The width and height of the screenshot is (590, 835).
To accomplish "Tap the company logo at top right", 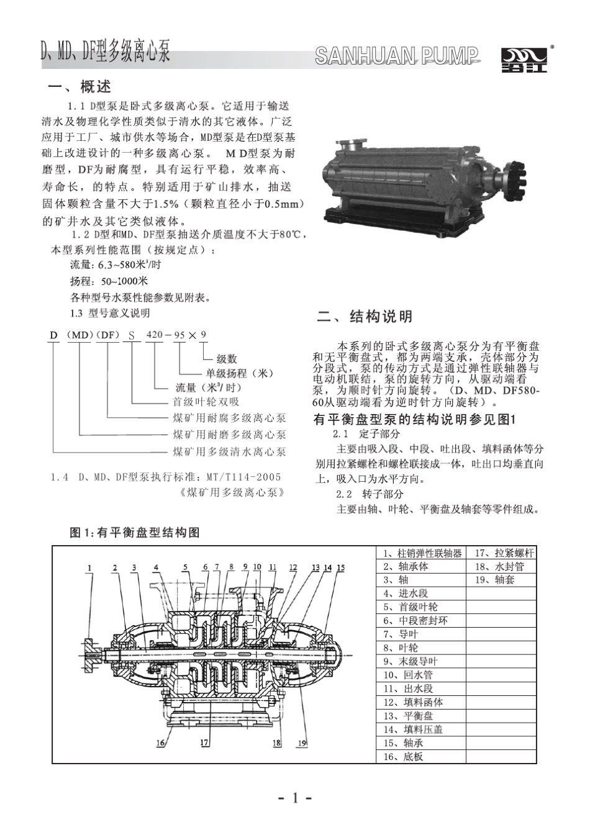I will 524,60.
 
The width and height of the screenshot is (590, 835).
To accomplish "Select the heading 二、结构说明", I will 365,317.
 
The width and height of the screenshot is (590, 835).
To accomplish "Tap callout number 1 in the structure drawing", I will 89,567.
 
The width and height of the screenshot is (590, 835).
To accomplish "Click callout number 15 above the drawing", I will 340,567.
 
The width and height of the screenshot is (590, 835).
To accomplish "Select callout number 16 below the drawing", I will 161,742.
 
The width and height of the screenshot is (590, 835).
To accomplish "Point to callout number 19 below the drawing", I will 302,742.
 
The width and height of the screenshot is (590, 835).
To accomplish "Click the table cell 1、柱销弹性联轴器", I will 422,553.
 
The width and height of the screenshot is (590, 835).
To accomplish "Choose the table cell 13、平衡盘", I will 412,716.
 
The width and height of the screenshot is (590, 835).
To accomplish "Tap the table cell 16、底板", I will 403,757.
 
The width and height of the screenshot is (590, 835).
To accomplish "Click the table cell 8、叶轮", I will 401,648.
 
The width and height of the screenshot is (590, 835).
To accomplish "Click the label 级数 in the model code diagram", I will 227,359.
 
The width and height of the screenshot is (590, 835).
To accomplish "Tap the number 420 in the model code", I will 154,335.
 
